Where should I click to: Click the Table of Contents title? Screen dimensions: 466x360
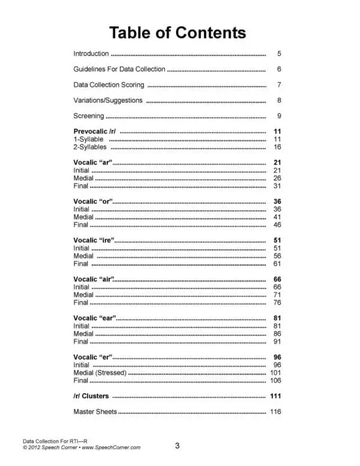click(177, 32)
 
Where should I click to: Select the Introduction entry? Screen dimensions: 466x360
click(91, 53)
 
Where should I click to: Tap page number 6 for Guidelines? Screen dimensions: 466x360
click(279, 69)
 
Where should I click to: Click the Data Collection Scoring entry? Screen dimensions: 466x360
click(109, 85)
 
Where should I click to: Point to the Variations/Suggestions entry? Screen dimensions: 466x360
click(108, 100)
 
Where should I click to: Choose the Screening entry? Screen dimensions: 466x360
click(88, 116)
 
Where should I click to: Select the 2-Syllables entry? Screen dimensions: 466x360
click(90, 147)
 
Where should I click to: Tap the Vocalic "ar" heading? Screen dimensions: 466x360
click(93, 163)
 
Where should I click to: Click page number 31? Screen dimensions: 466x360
click(277, 186)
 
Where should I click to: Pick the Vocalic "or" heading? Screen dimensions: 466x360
click(93, 202)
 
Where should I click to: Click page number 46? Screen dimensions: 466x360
click(277, 225)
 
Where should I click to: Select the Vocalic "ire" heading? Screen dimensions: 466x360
click(94, 240)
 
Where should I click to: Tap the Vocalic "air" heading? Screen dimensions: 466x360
click(94, 279)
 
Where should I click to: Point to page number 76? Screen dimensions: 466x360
click(277, 302)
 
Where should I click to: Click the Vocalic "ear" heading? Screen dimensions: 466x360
click(95, 318)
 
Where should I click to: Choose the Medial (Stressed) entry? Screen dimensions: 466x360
click(100, 372)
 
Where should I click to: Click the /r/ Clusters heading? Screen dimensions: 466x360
click(91, 396)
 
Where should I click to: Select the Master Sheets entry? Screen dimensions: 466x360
click(95, 412)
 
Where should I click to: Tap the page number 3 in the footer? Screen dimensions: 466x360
click(177, 445)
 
